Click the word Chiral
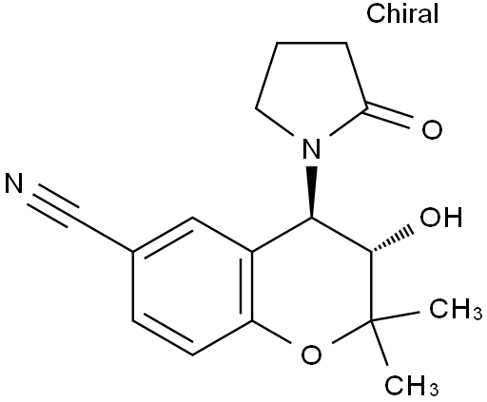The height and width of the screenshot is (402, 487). click(402, 13)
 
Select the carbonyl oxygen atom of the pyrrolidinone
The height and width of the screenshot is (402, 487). click(432, 129)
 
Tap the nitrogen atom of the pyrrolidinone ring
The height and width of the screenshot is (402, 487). click(311, 148)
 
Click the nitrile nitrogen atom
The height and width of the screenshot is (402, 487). click(14, 182)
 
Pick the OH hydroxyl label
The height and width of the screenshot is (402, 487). click(441, 217)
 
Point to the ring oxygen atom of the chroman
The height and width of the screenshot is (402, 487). click(311, 354)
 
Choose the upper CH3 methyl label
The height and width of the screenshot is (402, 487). click(456, 308)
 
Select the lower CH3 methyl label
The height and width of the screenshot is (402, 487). click(412, 385)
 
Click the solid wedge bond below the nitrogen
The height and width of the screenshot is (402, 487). click(312, 192)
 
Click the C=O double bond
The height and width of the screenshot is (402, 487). click(389, 116)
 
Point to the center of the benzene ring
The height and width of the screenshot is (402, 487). click(193, 286)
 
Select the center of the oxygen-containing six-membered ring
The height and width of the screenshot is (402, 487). click(312, 286)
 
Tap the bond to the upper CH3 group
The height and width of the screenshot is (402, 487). click(396, 316)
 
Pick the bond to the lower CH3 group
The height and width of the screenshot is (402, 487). click(380, 343)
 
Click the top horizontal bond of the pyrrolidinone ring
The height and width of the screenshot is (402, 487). click(312, 43)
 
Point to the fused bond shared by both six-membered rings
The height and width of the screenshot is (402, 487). click(253, 286)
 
